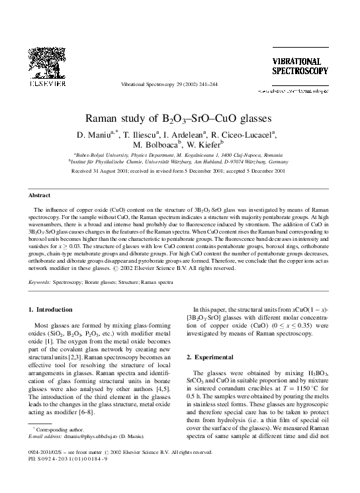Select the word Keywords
(x=41, y=282)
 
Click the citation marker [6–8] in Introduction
(x=104, y=394)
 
